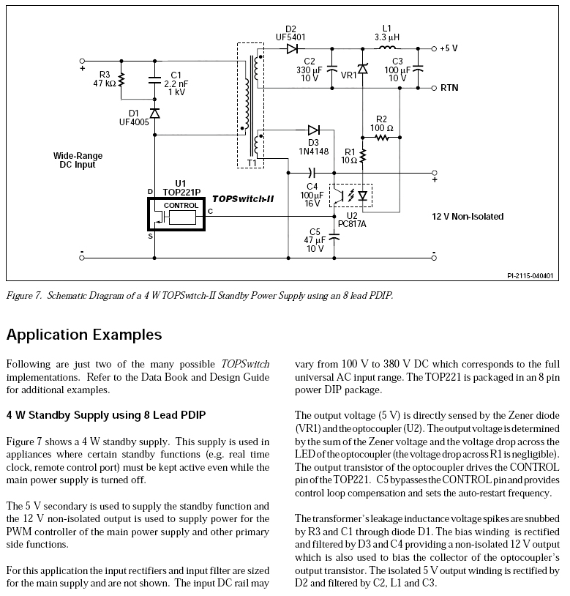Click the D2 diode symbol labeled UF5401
(293, 48)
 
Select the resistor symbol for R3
(122, 79)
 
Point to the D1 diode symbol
(154, 113)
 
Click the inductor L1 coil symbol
(386, 48)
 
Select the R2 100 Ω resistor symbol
(381, 137)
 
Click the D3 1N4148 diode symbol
(314, 130)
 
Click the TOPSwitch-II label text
(242, 198)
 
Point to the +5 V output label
(449, 48)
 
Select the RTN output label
(449, 87)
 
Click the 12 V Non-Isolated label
(467, 217)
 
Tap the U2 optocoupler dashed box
(351, 195)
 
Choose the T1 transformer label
(251, 163)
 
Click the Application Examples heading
(84, 335)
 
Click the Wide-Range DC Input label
(78, 160)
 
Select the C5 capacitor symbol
(334, 236)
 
